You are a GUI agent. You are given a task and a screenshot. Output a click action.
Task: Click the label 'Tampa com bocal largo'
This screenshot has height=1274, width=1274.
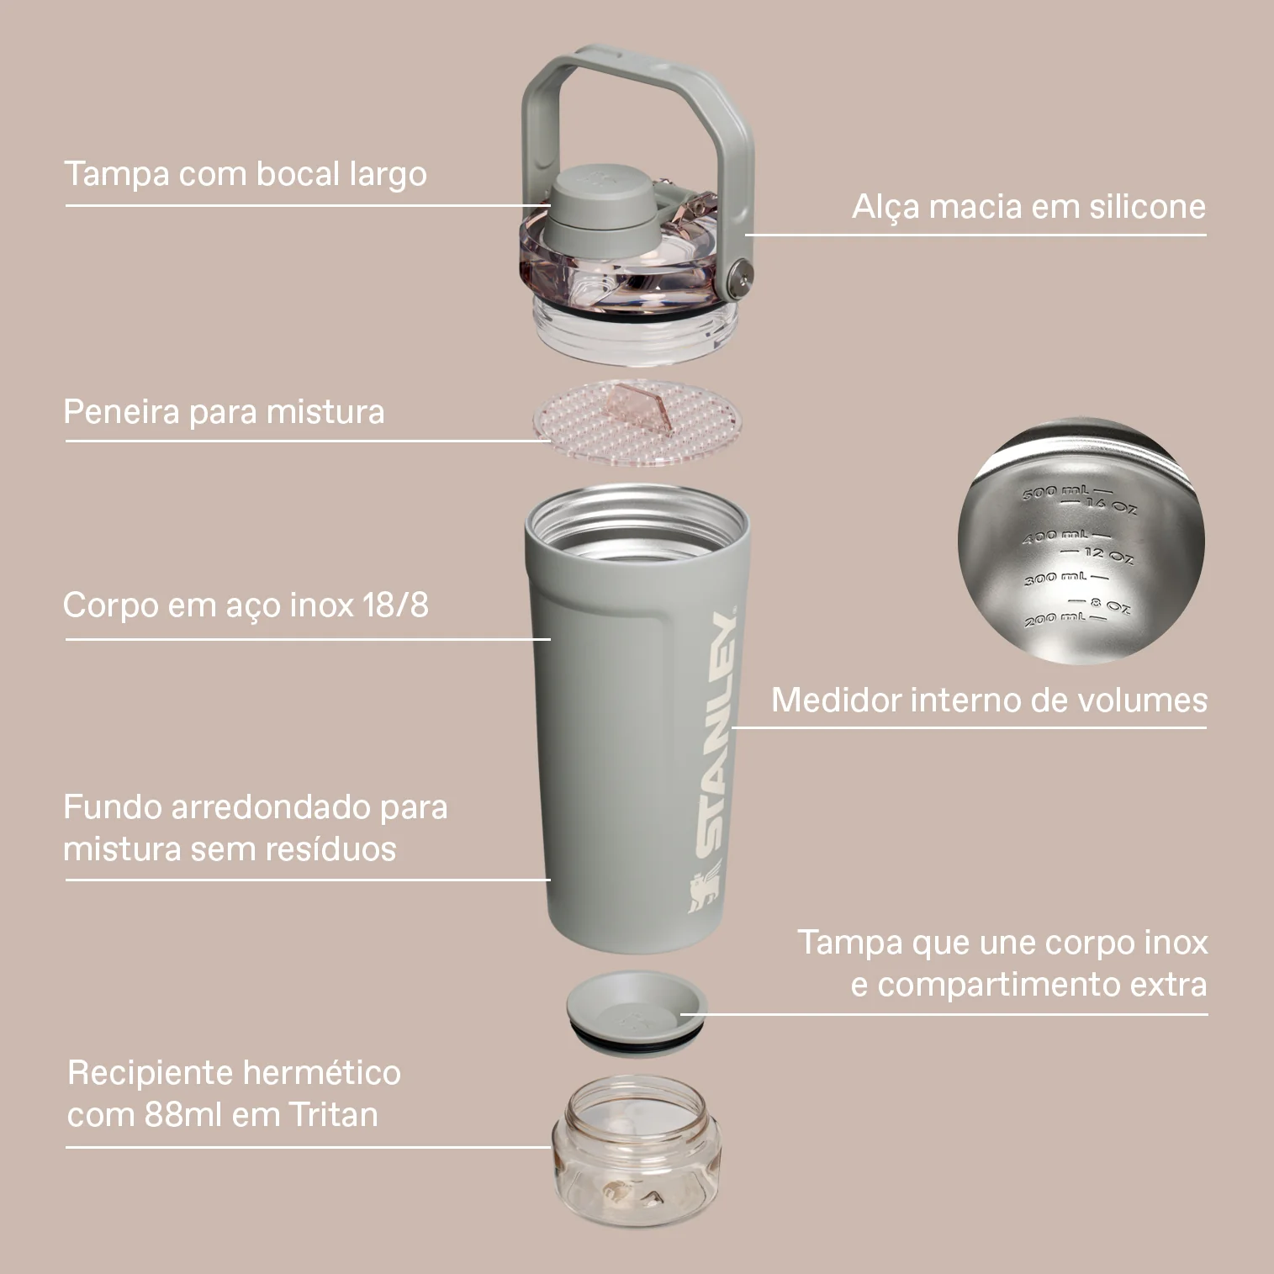tap(246, 174)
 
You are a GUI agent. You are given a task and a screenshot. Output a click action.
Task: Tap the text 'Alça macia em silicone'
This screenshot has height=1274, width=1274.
tap(1029, 206)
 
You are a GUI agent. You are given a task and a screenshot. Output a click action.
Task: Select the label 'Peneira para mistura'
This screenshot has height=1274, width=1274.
tap(224, 412)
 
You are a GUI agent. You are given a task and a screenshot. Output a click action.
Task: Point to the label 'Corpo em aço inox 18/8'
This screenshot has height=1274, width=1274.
tap(246, 605)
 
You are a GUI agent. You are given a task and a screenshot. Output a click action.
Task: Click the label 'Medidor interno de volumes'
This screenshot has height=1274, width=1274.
tap(989, 700)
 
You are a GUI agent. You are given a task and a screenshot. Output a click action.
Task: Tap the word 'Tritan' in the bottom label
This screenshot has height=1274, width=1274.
tap(334, 1115)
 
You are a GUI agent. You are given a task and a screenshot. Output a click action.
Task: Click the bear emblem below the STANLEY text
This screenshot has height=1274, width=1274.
tap(705, 894)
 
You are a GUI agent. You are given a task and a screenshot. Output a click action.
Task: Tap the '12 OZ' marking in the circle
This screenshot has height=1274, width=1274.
tap(1108, 554)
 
